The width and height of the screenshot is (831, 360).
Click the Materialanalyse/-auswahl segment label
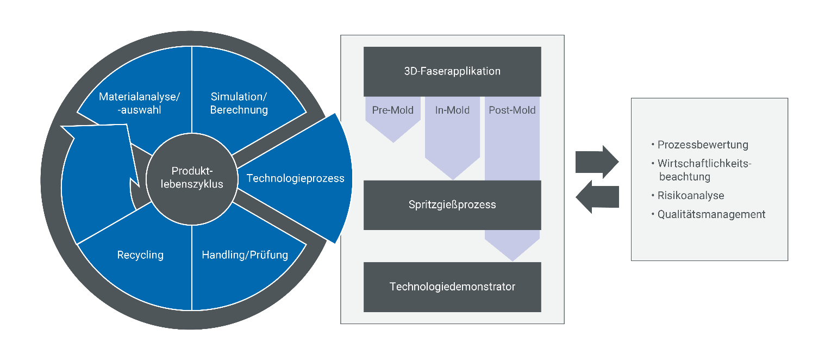(140, 103)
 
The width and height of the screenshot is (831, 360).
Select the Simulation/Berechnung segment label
(239, 103)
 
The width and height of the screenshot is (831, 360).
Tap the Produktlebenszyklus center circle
(192, 179)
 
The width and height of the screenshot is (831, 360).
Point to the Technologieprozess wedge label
(295, 178)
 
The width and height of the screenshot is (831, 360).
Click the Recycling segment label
(140, 255)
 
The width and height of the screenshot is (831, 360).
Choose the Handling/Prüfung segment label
(245, 255)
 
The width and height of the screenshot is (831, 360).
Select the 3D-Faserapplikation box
(452, 72)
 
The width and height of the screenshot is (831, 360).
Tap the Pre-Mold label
(392, 110)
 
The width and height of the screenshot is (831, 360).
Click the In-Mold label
(452, 110)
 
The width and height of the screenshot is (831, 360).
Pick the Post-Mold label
(512, 110)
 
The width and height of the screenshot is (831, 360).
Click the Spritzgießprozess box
(452, 205)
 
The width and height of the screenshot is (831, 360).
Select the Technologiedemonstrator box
(452, 287)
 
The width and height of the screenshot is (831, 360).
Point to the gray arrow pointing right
(597, 162)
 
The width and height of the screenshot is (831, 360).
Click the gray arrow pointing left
(597, 197)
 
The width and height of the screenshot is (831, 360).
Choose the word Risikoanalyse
(691, 196)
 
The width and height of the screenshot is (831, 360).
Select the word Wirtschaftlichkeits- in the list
(704, 164)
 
